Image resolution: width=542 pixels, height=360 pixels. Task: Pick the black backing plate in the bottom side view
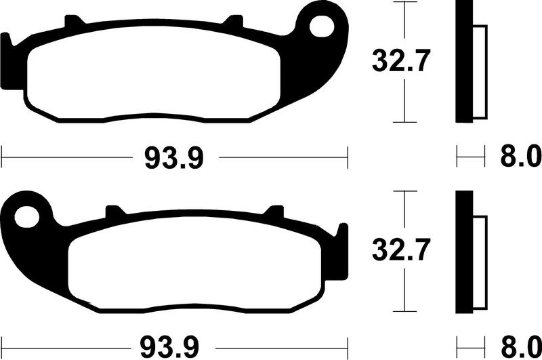coord(463,251)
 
